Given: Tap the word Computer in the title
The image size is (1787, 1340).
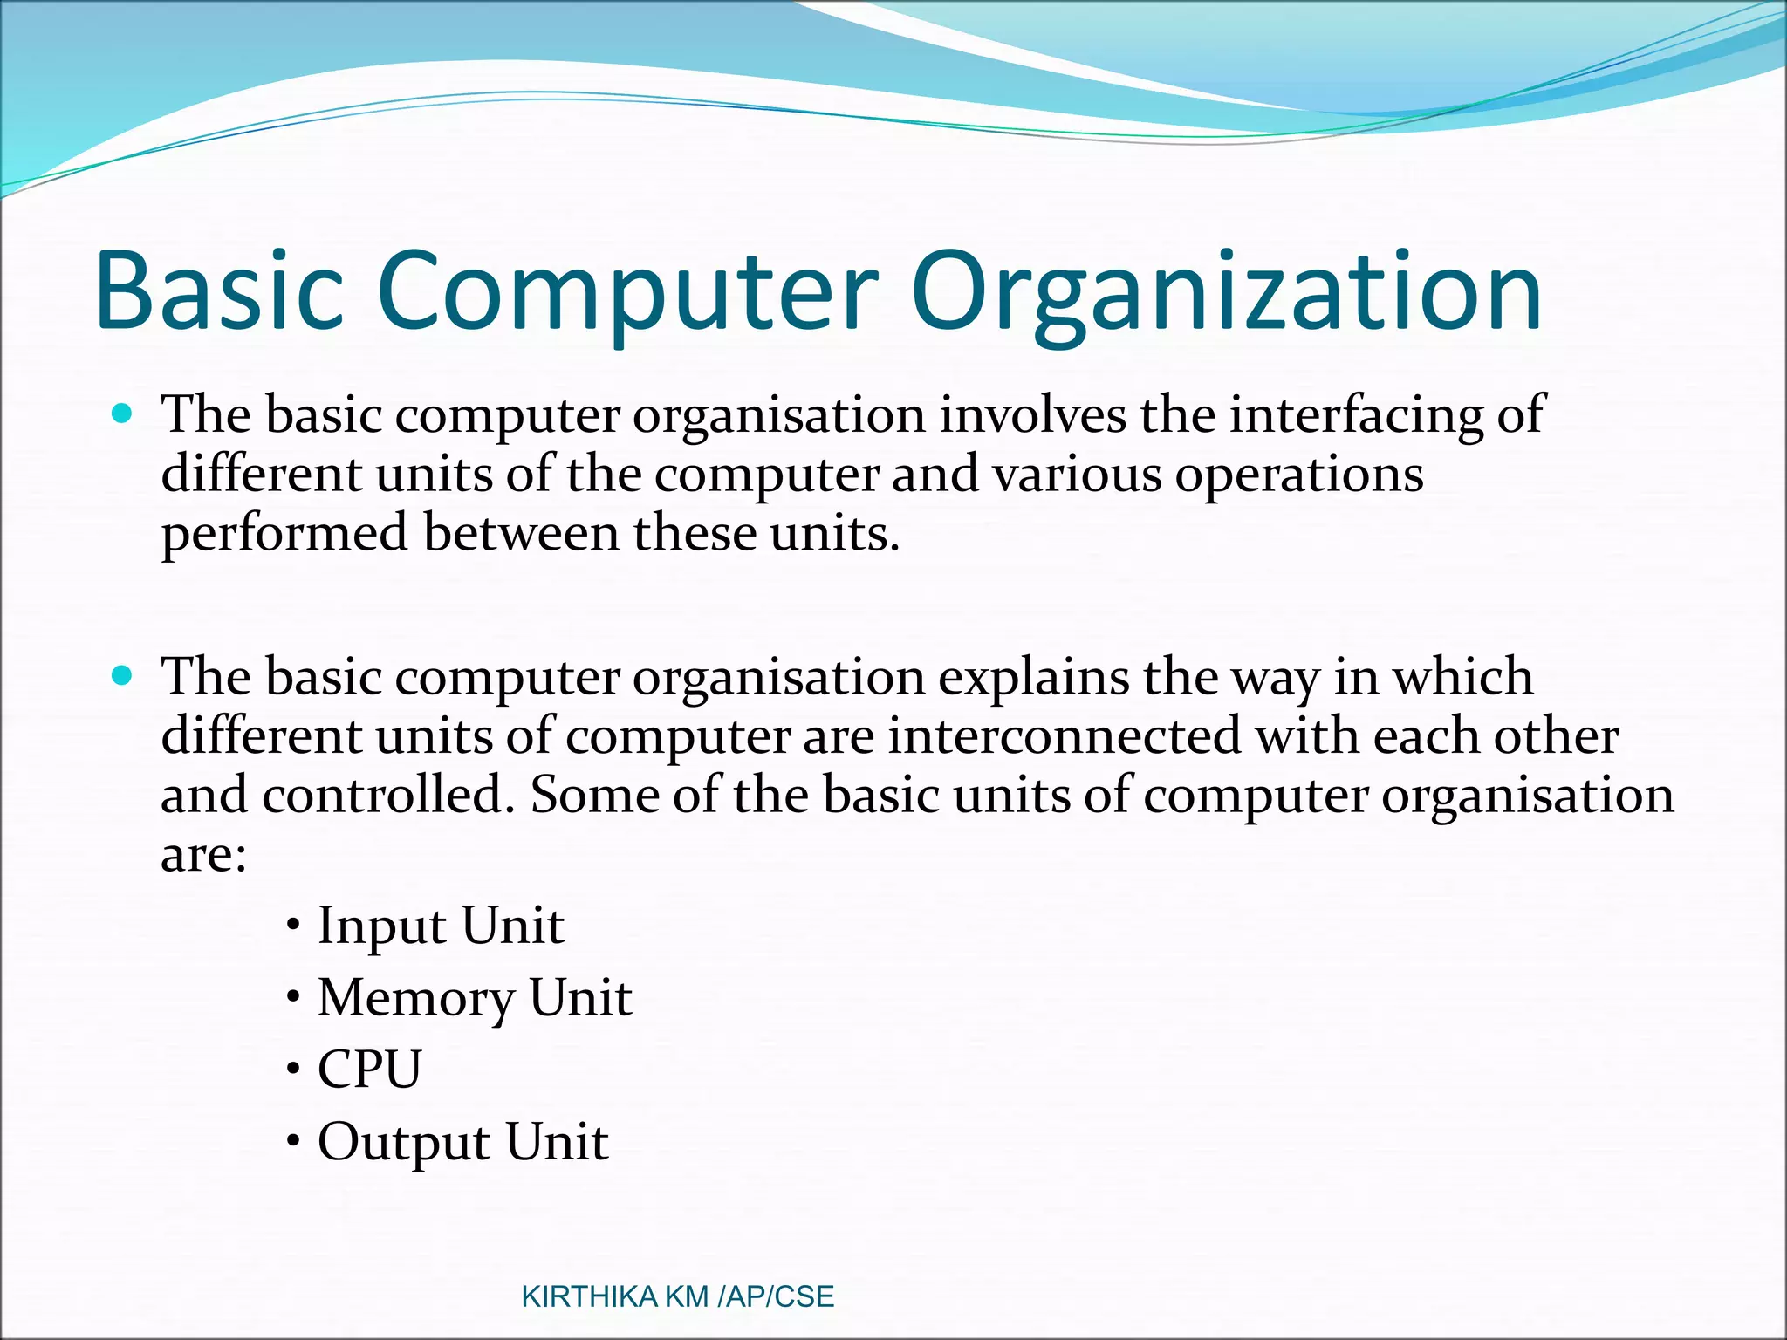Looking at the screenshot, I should tap(626, 291).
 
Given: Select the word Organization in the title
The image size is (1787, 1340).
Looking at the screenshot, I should tap(1226, 291).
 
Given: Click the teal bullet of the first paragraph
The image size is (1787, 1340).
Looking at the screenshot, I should tap(123, 413).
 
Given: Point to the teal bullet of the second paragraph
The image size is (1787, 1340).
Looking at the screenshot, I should tap(123, 674).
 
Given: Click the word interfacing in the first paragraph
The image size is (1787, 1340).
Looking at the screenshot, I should tap(1356, 414).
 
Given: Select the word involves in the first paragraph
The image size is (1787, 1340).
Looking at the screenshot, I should tap(1032, 414).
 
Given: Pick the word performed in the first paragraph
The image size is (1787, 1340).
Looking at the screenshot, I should tap(284, 533).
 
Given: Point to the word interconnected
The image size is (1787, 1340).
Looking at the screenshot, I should tap(1065, 735).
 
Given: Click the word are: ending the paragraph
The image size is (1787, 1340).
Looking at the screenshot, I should tap(203, 854).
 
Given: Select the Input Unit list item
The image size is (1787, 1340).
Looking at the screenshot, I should tap(441, 926).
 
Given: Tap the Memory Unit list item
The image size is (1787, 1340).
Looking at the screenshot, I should tap(474, 998).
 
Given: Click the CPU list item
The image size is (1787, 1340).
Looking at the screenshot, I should tap(369, 1070).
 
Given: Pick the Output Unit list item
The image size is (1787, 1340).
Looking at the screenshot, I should tap(462, 1142).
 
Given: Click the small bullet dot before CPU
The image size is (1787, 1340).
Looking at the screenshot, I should tap(294, 1069).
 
